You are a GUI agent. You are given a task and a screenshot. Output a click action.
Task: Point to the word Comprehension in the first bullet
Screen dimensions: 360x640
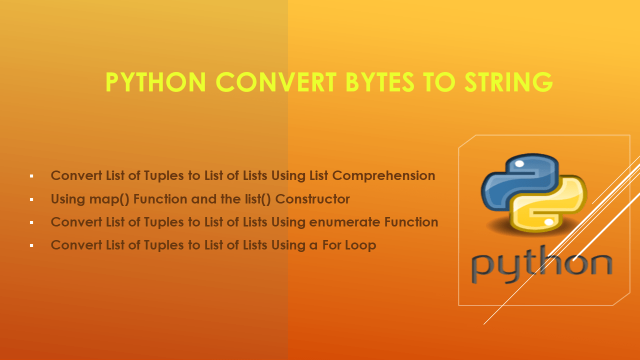[x=383, y=176]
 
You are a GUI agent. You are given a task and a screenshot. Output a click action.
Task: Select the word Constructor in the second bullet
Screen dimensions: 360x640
[x=312, y=199]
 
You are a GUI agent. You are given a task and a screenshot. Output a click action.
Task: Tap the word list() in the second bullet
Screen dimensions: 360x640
[x=253, y=199]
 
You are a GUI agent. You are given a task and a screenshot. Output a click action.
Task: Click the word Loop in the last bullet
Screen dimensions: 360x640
[x=359, y=245]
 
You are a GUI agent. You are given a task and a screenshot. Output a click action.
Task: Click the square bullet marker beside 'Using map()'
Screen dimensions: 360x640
[x=31, y=199]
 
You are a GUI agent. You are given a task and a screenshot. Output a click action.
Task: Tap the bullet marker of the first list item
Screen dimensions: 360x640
[x=31, y=176]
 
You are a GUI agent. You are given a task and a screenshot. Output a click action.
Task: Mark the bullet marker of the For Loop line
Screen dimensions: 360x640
[x=31, y=245]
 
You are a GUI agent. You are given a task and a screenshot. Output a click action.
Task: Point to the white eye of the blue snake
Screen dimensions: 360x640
[x=519, y=164]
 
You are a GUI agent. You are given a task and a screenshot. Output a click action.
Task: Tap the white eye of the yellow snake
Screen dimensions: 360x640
[x=549, y=221]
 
